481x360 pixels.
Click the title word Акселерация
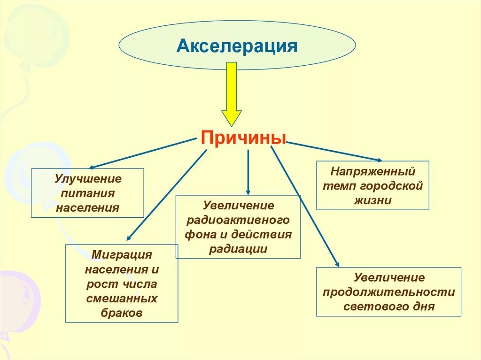click(x=237, y=46)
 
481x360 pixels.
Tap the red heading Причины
click(x=243, y=138)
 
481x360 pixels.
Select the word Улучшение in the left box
click(x=88, y=179)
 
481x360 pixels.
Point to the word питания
click(x=88, y=193)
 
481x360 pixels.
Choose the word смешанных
click(x=122, y=299)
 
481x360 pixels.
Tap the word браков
click(x=122, y=313)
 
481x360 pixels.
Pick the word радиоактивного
click(x=238, y=220)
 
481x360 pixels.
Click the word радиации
click(x=238, y=249)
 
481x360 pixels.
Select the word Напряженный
click(x=372, y=171)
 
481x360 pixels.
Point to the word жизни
click(x=372, y=200)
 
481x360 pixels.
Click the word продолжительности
click(x=389, y=292)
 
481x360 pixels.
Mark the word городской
click(x=392, y=185)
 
